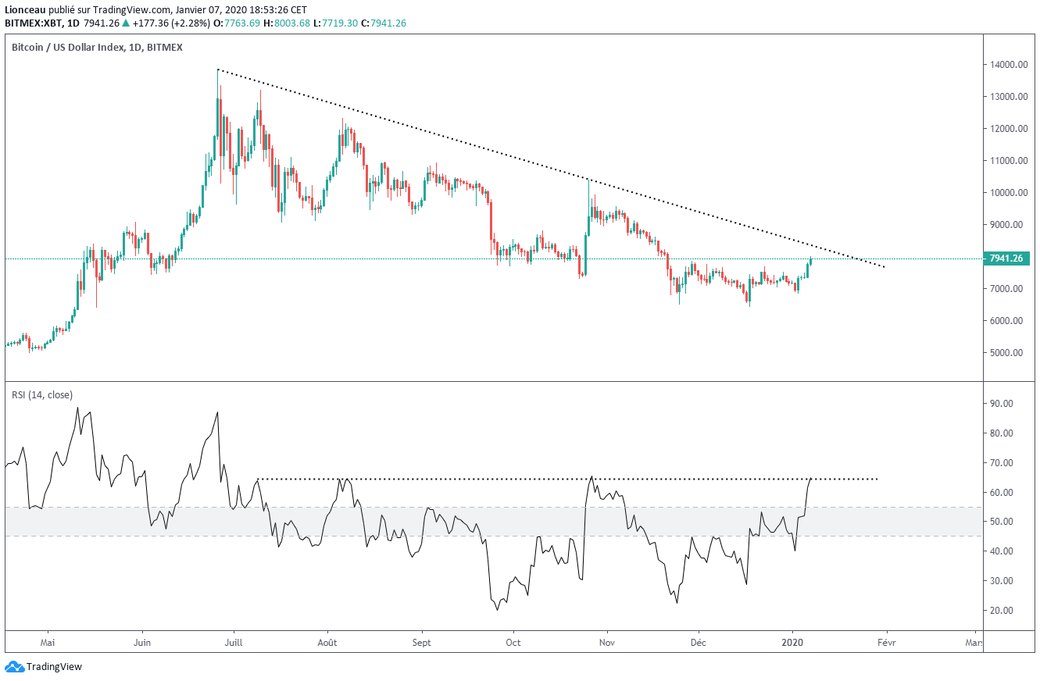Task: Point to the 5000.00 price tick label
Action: pyautogui.click(x=1006, y=352)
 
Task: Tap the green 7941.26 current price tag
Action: pyautogui.click(x=1006, y=258)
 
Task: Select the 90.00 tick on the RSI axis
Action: pyautogui.click(x=1001, y=404)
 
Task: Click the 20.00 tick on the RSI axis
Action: pyautogui.click(x=1001, y=611)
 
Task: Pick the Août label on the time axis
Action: pyautogui.click(x=327, y=643)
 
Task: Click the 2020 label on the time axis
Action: pyautogui.click(x=792, y=643)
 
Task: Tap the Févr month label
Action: pyautogui.click(x=886, y=643)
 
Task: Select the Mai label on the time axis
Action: pyautogui.click(x=48, y=643)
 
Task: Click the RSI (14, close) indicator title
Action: pyautogui.click(x=42, y=394)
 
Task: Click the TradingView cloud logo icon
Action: pyautogui.click(x=14, y=667)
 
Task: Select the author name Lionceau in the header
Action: pyautogui.click(x=25, y=9)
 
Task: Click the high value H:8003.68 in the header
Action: pyautogui.click(x=287, y=23)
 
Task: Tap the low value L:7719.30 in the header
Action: pyautogui.click(x=335, y=23)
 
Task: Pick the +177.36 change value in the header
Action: pyautogui.click(x=151, y=23)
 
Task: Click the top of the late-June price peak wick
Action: pyautogui.click(x=218, y=70)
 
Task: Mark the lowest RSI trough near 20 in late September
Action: pyautogui.click(x=497, y=610)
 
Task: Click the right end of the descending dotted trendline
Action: pyautogui.click(x=884, y=267)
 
